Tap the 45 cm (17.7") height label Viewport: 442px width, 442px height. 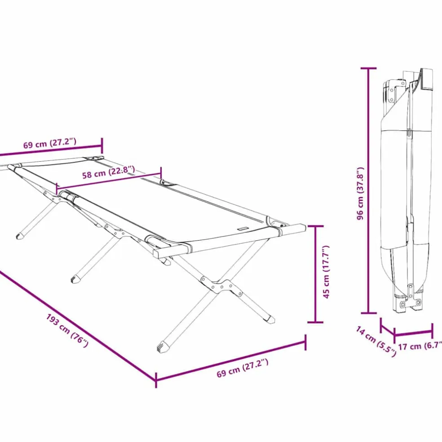click(x=326, y=272)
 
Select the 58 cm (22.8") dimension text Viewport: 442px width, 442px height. click(x=109, y=172)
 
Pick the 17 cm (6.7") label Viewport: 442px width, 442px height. click(x=420, y=346)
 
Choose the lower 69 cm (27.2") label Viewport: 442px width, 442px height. click(x=243, y=368)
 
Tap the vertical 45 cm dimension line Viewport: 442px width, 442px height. click(x=315, y=274)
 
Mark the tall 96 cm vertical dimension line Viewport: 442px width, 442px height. click(x=368, y=190)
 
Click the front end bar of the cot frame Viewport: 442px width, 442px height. click(x=229, y=241)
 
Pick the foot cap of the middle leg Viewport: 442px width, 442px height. click(x=75, y=279)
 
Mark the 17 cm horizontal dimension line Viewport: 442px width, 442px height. click(x=413, y=333)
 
